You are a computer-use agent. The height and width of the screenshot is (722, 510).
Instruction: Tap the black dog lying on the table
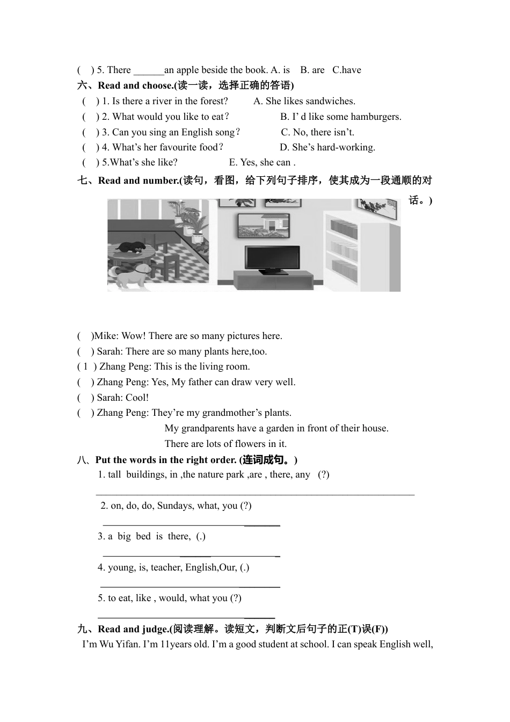(132, 247)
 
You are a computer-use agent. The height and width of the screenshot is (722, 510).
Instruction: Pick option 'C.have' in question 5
(346, 70)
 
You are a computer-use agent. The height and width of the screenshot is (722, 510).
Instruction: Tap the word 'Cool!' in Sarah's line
(137, 398)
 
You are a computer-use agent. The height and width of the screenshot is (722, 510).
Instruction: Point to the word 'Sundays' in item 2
(175, 506)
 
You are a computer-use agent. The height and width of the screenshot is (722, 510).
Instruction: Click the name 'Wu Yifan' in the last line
(119, 644)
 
